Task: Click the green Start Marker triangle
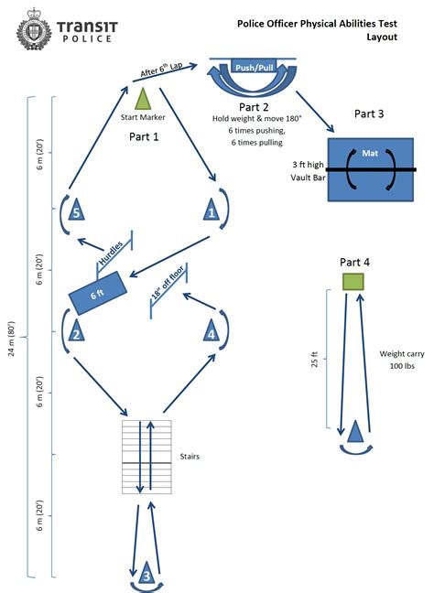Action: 143,99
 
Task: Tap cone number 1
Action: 212,210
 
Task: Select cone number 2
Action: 76,330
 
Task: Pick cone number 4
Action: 212,329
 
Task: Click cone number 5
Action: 76,210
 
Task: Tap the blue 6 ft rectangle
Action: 98,293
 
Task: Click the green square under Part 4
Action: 353,282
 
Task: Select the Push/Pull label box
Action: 255,67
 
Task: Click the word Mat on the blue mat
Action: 370,153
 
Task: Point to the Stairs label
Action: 190,457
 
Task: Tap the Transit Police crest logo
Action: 34,29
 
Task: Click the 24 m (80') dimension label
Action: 12,339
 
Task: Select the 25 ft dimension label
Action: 314,360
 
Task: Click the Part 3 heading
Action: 369,113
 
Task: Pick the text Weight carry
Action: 402,354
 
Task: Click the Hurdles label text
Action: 111,253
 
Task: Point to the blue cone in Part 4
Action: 355,431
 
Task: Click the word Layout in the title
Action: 382,37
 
